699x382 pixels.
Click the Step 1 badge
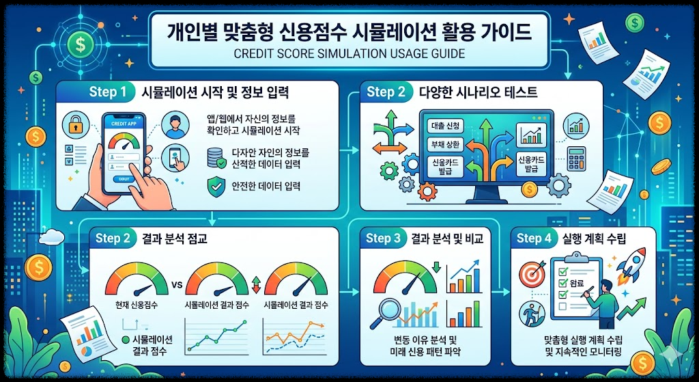click(108, 92)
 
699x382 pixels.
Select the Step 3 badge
click(387, 238)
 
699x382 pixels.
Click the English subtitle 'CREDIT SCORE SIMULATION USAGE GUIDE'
click(349, 53)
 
